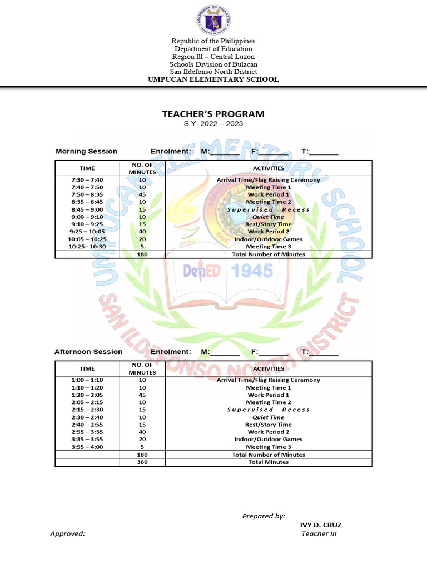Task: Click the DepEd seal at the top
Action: point(213,21)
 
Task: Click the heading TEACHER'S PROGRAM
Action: point(213,114)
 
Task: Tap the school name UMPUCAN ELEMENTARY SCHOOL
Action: point(213,79)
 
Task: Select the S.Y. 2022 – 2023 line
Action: point(213,124)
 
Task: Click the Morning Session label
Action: point(86,151)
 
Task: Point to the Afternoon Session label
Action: point(88,352)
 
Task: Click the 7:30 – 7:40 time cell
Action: point(87,180)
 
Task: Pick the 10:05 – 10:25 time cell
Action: point(87,239)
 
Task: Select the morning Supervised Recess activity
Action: point(269,209)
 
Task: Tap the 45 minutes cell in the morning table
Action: point(142,195)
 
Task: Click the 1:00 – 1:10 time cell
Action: point(87,380)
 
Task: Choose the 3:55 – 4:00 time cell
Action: point(87,447)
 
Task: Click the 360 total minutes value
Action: point(142,462)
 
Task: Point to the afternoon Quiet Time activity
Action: point(269,417)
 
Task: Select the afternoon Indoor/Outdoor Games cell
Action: point(269,440)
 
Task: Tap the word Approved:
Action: point(68,534)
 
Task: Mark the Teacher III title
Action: point(319,534)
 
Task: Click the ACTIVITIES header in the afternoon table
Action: point(269,368)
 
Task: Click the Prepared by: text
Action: point(264,516)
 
